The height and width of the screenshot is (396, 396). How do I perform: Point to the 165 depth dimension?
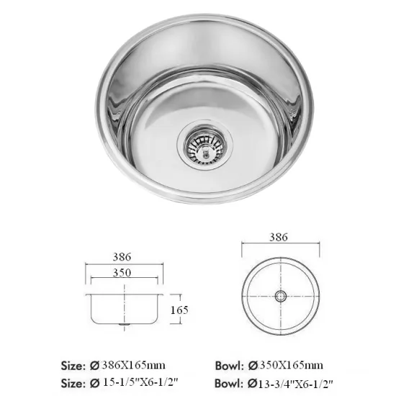click(181, 310)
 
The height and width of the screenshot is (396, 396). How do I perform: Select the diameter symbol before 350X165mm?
click(251, 364)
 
